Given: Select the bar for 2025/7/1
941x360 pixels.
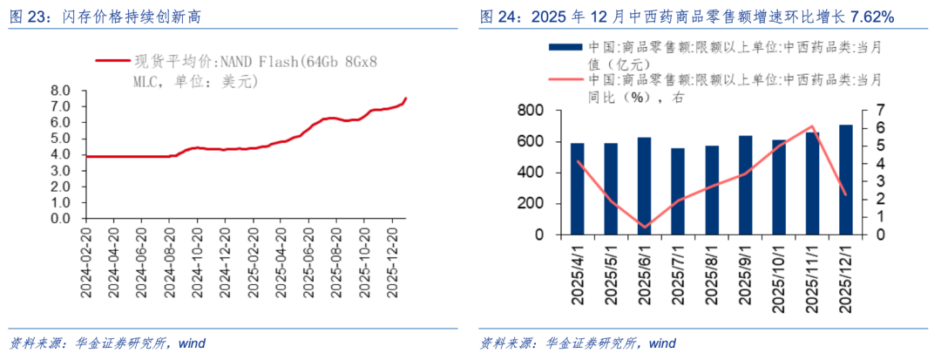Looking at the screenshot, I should coord(678,192).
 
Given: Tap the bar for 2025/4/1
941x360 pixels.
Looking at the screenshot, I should coord(577,188).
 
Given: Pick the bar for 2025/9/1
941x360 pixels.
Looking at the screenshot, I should coord(745,185).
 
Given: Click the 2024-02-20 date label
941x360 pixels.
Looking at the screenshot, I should coord(87,262).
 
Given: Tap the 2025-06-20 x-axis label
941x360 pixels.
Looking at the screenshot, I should coord(309,262).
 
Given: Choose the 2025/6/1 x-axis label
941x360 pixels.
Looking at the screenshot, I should coord(645,275).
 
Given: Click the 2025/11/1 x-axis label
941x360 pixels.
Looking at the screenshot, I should coord(813,275).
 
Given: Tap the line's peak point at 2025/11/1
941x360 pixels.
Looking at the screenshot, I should coord(812,126).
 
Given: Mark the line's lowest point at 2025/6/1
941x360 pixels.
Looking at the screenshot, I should coord(644,227).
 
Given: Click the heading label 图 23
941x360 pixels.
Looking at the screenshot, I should coord(28,17).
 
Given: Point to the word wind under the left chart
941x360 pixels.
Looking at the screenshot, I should coord(192,343).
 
